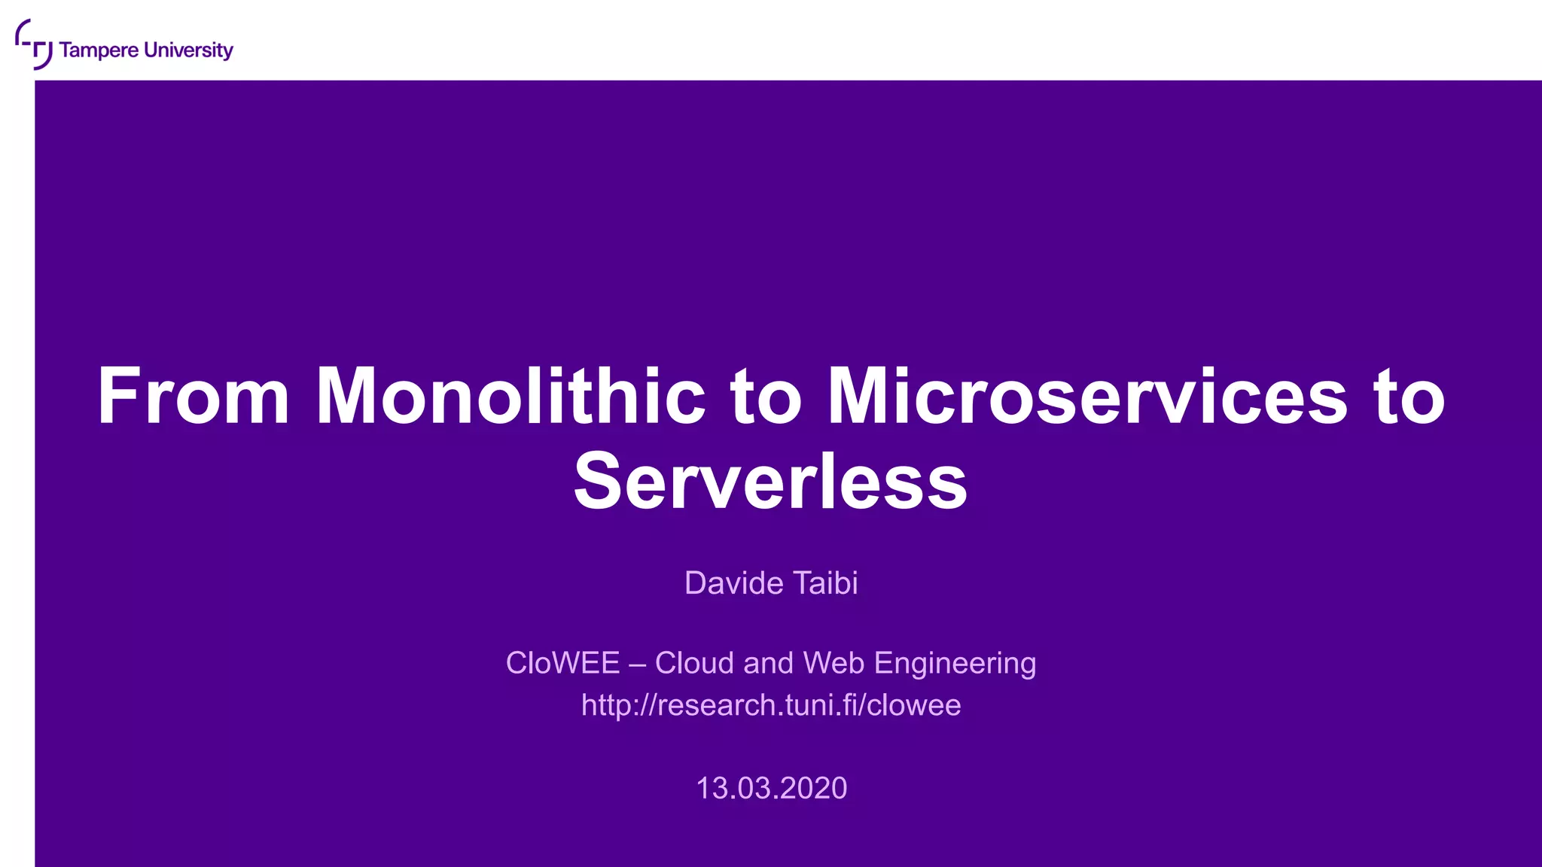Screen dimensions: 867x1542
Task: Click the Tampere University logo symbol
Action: coord(33,44)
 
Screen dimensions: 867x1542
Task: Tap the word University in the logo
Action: coord(188,50)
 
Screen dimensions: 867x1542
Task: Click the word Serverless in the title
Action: coord(770,482)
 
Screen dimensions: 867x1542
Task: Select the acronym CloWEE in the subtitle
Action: coord(562,663)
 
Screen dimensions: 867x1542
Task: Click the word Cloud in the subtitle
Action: coord(694,663)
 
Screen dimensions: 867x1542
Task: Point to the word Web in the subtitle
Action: coord(834,663)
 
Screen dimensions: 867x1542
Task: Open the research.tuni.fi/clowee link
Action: coord(771,705)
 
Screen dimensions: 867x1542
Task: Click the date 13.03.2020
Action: coord(771,788)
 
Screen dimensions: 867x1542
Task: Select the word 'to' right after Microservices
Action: coord(1409,397)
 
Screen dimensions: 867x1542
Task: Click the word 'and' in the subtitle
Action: coord(768,663)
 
